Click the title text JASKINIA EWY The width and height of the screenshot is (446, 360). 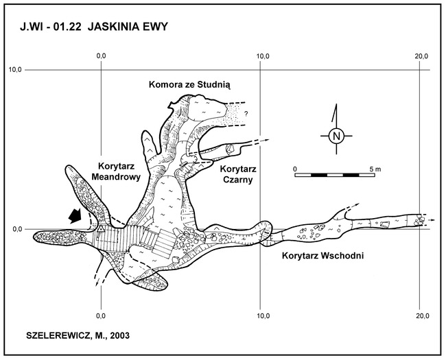click(x=128, y=27)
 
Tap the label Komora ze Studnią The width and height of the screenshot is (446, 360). click(x=189, y=85)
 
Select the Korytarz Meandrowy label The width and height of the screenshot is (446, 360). click(x=116, y=171)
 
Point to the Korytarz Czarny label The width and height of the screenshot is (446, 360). click(x=238, y=174)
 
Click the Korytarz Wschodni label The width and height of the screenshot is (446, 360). click(x=323, y=256)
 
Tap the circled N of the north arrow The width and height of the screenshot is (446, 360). click(x=336, y=136)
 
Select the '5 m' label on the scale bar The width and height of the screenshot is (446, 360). click(x=375, y=169)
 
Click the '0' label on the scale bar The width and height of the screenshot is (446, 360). click(x=295, y=169)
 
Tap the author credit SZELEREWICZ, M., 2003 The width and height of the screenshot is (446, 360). click(x=78, y=335)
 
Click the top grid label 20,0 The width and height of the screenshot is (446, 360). click(x=421, y=56)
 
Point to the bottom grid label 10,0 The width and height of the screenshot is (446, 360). click(x=263, y=315)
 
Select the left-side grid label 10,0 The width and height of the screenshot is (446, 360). click(x=16, y=70)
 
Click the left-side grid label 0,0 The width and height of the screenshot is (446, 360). click(x=18, y=229)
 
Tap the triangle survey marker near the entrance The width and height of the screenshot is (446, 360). click(x=102, y=228)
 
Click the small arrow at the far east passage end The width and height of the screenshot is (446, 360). click(x=432, y=220)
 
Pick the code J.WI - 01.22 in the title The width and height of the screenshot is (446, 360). click(x=51, y=27)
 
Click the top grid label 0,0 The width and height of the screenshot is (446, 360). click(x=101, y=56)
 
